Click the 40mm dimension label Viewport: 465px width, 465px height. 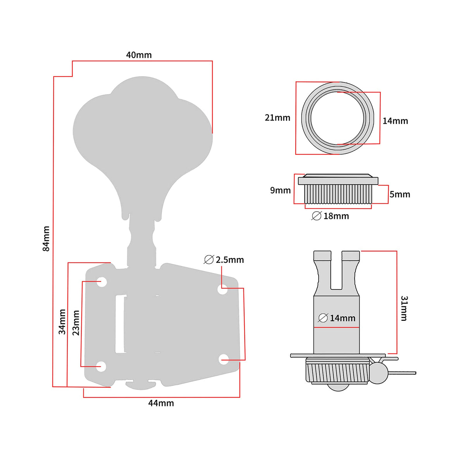[x=139, y=55]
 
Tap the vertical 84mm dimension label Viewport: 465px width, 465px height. [x=46, y=239]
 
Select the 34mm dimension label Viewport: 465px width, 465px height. [x=62, y=322]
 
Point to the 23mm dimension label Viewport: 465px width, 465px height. [x=76, y=323]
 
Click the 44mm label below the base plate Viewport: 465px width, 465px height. [x=161, y=403]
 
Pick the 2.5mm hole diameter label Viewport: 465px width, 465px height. [x=229, y=260]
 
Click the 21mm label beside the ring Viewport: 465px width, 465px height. [x=277, y=118]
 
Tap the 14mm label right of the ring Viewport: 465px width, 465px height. [x=395, y=121]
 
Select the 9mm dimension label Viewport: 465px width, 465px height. [x=280, y=190]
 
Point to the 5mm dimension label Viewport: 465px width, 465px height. [x=400, y=194]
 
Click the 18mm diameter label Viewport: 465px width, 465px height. [x=336, y=216]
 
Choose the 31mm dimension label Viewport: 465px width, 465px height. [x=404, y=308]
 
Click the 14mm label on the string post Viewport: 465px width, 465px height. [x=342, y=318]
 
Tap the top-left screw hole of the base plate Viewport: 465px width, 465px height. [x=102, y=282]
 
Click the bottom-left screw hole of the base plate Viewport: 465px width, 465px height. [x=101, y=366]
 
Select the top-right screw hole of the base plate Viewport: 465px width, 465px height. [x=223, y=289]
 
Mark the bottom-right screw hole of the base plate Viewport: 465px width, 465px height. [x=224, y=359]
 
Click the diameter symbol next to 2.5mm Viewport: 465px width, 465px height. [x=209, y=260]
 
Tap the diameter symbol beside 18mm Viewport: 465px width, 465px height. [x=316, y=216]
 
